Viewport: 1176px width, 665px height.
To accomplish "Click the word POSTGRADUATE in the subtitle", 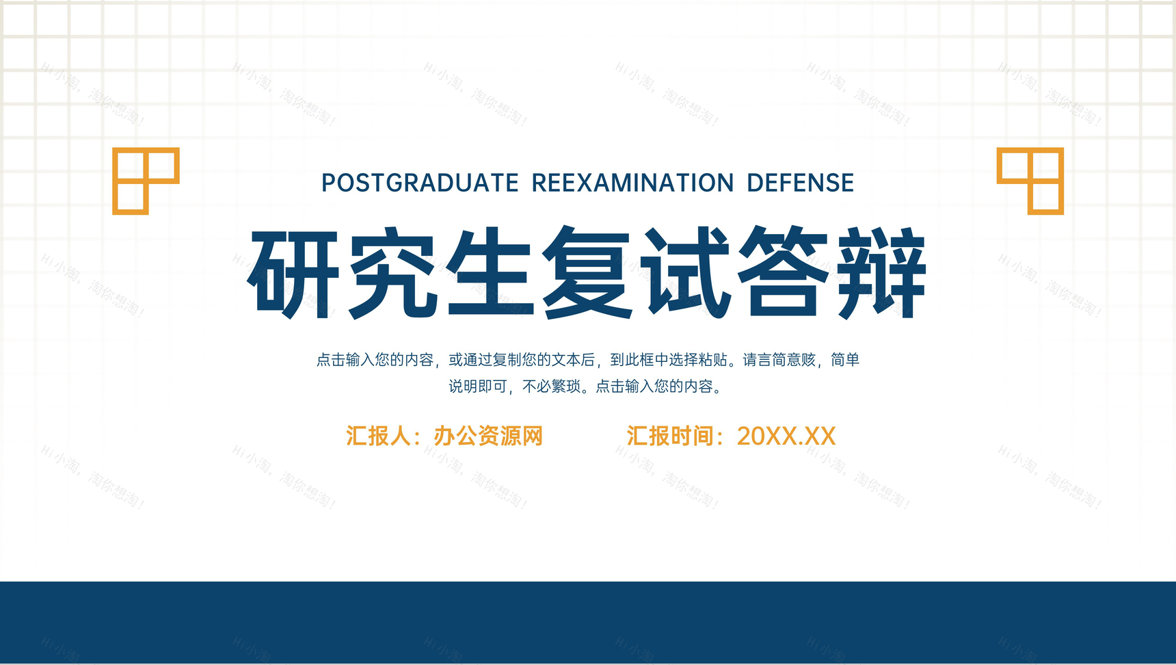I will click(420, 183).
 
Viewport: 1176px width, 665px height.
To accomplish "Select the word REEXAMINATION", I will click(632, 183).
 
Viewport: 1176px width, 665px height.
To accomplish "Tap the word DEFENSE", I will click(800, 183).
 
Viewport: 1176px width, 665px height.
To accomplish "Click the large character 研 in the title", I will click(293, 273).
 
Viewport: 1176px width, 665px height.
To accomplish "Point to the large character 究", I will click(392, 273).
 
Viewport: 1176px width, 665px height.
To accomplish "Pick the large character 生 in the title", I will click(490, 273).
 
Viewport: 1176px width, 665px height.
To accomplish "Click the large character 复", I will click(587, 273).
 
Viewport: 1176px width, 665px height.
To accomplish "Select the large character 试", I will click(685, 273).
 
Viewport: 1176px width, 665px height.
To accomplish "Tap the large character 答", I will click(784, 273).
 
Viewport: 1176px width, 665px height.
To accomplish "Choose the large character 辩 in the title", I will click(881, 273).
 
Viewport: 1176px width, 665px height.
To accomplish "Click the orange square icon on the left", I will click(146, 181).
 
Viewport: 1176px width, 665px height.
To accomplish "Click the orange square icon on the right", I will click(1030, 181).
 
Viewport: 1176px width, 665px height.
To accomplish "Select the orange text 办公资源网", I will click(488, 436).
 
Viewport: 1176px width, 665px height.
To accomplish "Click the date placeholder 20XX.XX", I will click(786, 436).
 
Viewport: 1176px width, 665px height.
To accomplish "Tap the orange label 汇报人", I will click(378, 436).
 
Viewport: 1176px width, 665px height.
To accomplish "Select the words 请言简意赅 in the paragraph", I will click(779, 360).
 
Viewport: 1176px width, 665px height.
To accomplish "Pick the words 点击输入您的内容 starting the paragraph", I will click(375, 360).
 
